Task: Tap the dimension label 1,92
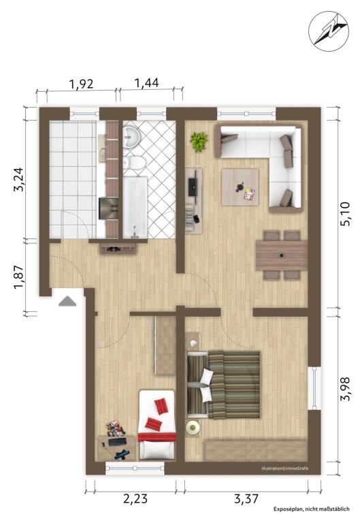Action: [x=81, y=84]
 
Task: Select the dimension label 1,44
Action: [x=146, y=82]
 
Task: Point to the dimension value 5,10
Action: [x=345, y=214]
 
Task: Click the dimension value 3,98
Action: [x=344, y=389]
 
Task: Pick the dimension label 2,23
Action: [x=135, y=499]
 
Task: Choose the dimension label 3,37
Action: [x=246, y=499]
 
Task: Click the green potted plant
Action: [x=199, y=142]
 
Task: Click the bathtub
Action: [x=135, y=208]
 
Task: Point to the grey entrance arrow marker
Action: [x=67, y=301]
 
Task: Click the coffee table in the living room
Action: [x=240, y=187]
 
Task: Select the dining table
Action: [x=282, y=255]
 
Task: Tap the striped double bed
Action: [x=224, y=384]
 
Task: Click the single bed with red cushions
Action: [x=157, y=425]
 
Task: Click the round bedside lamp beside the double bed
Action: [x=193, y=428]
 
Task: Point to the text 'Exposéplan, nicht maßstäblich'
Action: [x=312, y=509]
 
